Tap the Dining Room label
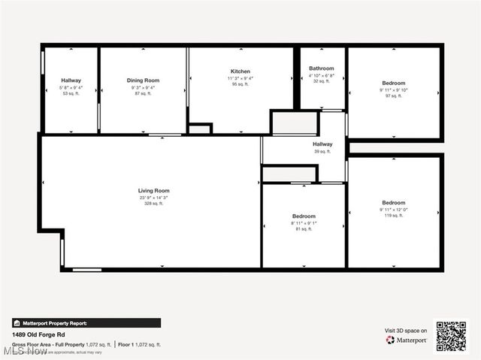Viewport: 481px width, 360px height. point(143,80)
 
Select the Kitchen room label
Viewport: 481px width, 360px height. point(240,71)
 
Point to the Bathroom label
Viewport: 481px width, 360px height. point(321,68)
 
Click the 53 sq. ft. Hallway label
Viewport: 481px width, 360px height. point(71,80)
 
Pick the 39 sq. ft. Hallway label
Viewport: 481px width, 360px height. point(322,144)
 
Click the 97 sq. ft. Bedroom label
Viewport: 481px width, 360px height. point(393,83)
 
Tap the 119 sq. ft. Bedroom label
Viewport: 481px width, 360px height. point(393,203)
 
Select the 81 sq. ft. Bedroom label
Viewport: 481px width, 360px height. point(304,216)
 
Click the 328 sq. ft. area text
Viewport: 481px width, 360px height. point(153,204)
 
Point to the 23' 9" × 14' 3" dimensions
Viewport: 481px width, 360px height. point(153,198)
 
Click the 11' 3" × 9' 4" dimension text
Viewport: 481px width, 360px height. point(240,78)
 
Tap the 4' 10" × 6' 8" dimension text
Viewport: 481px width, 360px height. point(321,75)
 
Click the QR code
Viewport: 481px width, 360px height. point(451,335)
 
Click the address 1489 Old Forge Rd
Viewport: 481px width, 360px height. point(40,335)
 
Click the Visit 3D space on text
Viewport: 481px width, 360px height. point(406,331)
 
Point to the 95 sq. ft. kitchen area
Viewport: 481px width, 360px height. point(240,85)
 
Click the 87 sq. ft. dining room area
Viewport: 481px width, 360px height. point(143,94)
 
